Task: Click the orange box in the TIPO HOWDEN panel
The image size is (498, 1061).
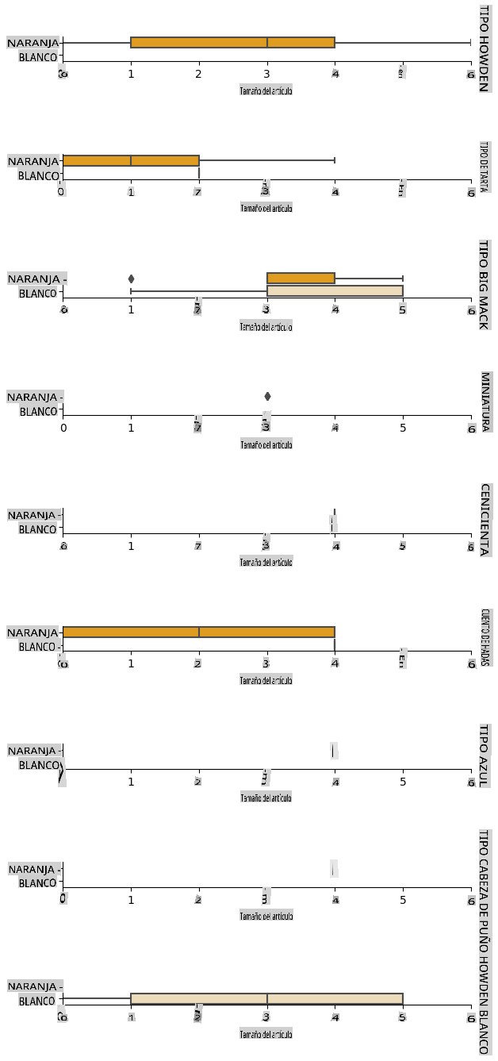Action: pyautogui.click(x=232, y=42)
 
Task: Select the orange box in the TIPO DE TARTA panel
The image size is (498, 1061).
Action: pyautogui.click(x=131, y=160)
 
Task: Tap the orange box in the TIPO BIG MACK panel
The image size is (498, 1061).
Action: pyautogui.click(x=301, y=278)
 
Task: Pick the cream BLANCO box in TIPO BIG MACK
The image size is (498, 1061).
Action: pyautogui.click(x=335, y=291)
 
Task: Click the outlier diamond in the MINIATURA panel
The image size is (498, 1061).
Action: pyautogui.click(x=267, y=396)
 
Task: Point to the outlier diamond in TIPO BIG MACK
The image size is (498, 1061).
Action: pyautogui.click(x=131, y=278)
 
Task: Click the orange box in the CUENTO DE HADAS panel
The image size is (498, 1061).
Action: pyautogui.click(x=198, y=632)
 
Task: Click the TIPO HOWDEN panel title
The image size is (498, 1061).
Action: pyautogui.click(x=483, y=48)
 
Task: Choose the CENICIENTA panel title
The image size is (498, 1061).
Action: pyautogui.click(x=483, y=519)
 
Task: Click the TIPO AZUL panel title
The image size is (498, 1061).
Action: pyautogui.click(x=483, y=755)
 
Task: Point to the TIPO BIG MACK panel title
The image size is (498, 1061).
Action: pyautogui.click(x=483, y=283)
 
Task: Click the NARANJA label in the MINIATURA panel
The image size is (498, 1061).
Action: pyautogui.click(x=33, y=397)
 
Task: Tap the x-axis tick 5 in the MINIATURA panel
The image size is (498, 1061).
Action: pyautogui.click(x=403, y=429)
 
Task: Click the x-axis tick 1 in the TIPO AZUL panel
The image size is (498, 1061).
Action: pyautogui.click(x=131, y=782)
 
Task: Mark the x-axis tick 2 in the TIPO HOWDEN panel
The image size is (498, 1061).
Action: pyautogui.click(x=198, y=75)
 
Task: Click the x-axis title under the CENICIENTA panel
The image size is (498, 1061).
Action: pyautogui.click(x=266, y=562)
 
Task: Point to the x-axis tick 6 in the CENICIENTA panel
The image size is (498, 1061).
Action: pyautogui.click(x=471, y=547)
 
